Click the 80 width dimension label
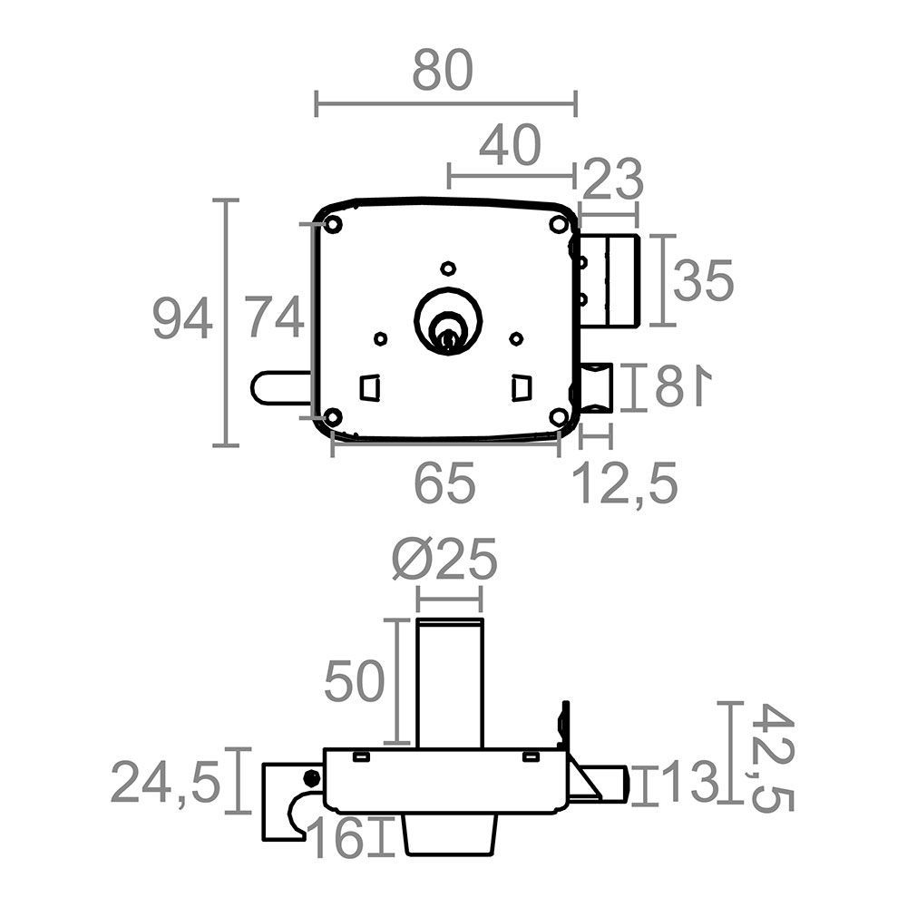click(443, 71)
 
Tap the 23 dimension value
click(612, 178)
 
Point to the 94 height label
click(182, 318)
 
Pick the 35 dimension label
click(704, 280)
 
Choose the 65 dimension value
click(444, 483)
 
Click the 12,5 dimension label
click(625, 483)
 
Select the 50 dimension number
click(354, 681)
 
